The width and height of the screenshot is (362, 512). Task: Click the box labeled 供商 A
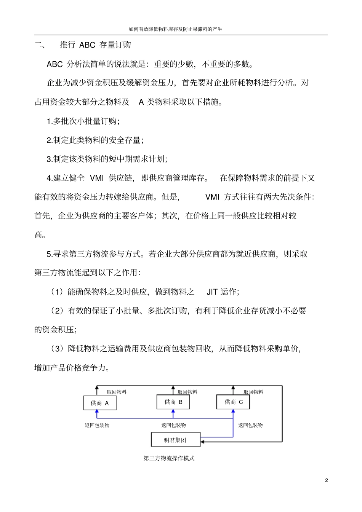point(100,403)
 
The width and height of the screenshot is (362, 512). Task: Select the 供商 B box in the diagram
point(173,402)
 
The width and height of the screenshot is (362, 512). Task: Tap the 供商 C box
point(233,402)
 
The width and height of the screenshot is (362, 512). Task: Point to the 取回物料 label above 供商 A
point(117,392)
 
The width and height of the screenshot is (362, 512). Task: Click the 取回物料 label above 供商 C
point(253,392)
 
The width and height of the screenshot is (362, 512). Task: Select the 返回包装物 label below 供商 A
point(97,425)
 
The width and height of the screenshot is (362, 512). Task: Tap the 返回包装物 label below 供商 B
point(173,425)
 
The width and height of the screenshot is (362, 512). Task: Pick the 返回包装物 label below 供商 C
point(250,425)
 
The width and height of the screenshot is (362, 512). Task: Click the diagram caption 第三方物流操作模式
point(169,458)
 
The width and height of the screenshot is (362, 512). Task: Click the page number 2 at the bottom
point(327,480)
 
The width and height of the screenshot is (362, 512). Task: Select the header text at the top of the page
point(175,29)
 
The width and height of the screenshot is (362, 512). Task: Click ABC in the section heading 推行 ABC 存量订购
point(87,45)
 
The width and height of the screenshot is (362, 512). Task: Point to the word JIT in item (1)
point(212,292)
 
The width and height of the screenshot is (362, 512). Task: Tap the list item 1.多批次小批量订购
point(83,121)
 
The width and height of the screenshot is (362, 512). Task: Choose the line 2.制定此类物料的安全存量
point(95,140)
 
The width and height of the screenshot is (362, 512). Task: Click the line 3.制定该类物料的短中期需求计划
point(107,159)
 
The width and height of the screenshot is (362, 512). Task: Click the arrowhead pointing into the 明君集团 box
point(203,442)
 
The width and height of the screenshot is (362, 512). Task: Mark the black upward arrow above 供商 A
point(97,390)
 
